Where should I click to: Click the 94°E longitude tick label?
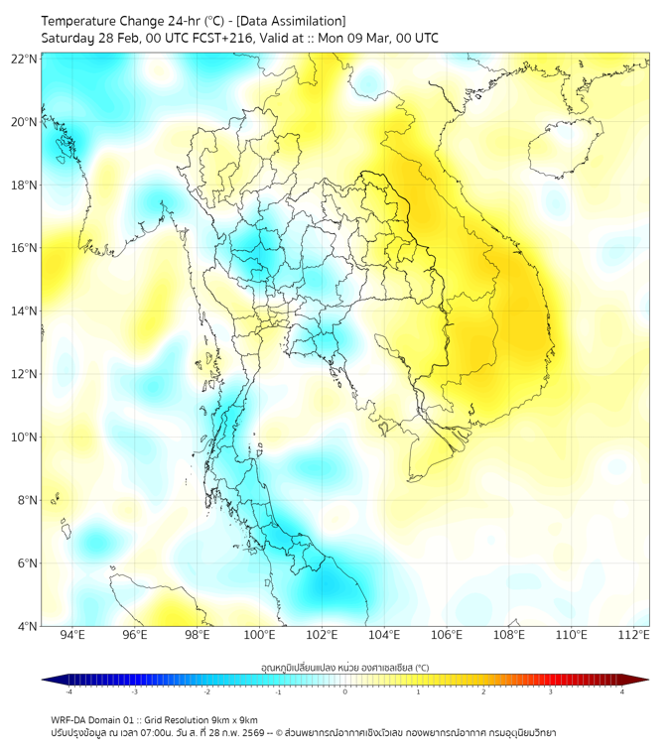coord(72,635)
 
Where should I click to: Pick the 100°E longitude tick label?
coord(260,635)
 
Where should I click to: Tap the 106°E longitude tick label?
coord(447,635)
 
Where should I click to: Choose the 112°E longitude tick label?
coord(634,635)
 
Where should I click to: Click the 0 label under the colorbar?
coord(345,692)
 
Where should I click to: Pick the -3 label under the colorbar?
coord(135,692)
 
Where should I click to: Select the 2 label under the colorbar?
coord(483,692)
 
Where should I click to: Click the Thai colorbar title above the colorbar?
coord(344,668)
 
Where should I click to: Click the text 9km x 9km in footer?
coord(233,719)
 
